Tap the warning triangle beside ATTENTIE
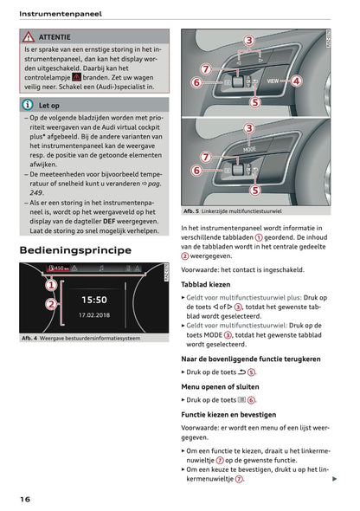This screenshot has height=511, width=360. click(x=29, y=37)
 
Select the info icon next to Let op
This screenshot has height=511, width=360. click(x=29, y=105)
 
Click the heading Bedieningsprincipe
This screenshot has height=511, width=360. click(x=74, y=250)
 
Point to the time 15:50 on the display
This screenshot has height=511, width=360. click(x=93, y=299)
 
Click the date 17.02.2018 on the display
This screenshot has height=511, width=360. click(x=93, y=315)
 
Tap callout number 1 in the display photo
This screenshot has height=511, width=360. click(x=51, y=283)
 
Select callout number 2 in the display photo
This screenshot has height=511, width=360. click(x=51, y=304)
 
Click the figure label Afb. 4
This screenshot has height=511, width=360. click(x=33, y=338)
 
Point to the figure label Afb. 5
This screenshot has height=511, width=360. click(x=194, y=210)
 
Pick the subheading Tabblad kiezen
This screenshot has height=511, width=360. click(x=205, y=283)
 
